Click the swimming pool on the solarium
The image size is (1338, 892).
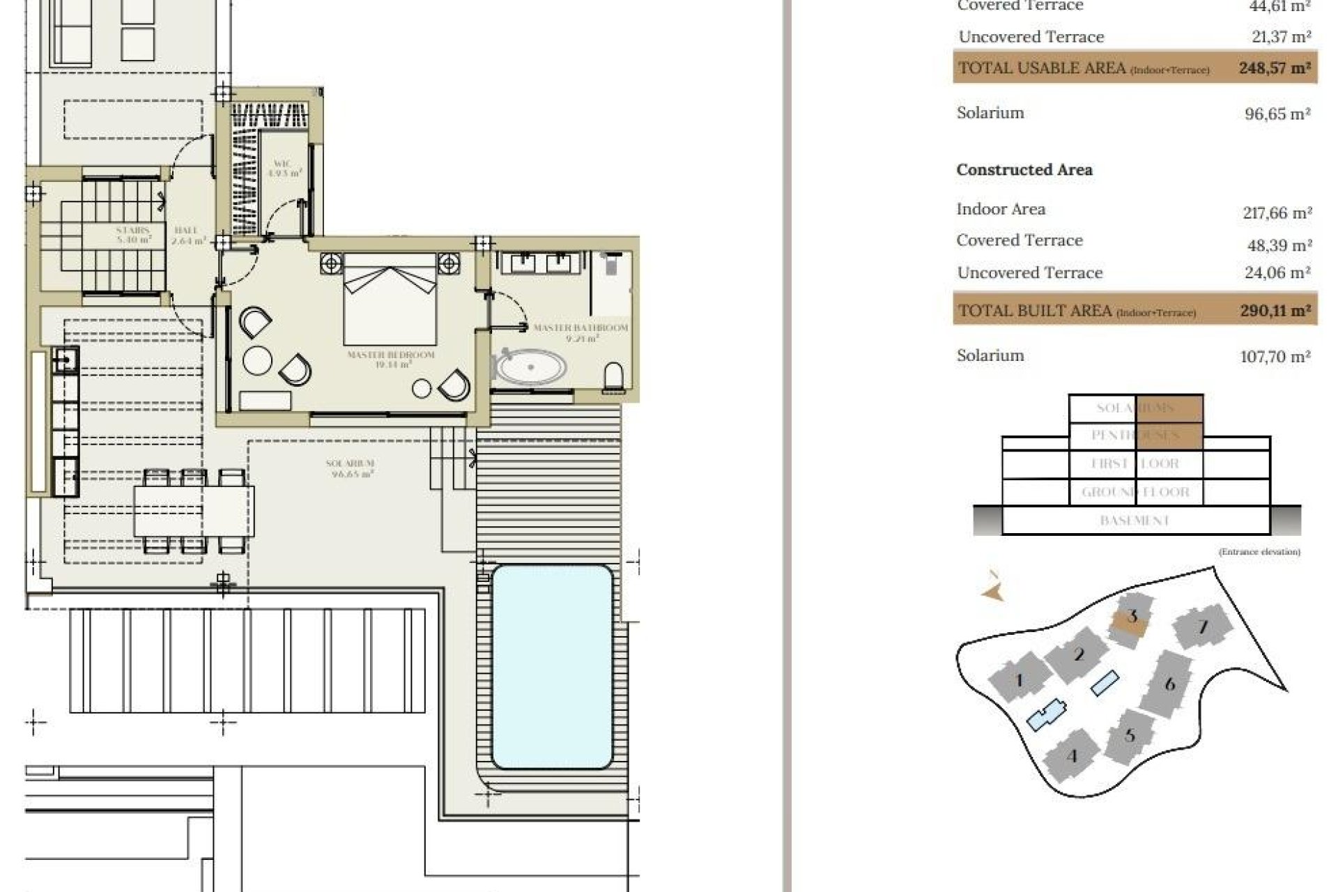click(x=552, y=666)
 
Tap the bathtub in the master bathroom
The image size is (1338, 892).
click(x=530, y=367)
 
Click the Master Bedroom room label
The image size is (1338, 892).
click(x=390, y=359)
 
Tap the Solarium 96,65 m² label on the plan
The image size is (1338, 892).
click(x=350, y=468)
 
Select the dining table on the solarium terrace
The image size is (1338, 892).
click(x=194, y=510)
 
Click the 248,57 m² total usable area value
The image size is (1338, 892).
click(x=1274, y=68)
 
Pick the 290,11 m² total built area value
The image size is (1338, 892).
click(x=1275, y=311)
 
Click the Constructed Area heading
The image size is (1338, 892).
click(x=1024, y=170)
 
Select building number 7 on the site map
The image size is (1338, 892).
click(x=1202, y=627)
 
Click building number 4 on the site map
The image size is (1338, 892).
click(x=1072, y=756)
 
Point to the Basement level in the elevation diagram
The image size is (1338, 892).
click(x=1134, y=521)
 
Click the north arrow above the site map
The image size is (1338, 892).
click(x=993, y=587)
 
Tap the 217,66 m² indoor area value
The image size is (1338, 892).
click(x=1277, y=213)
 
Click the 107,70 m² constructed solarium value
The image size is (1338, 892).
click(x=1275, y=357)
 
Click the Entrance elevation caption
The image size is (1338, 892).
click(x=1259, y=552)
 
